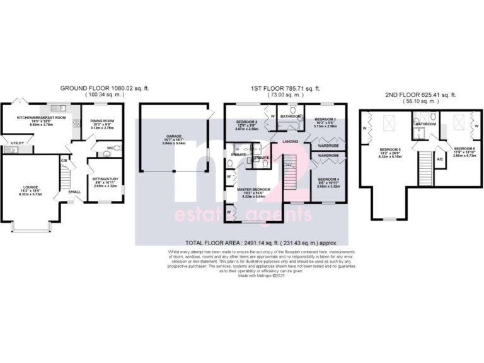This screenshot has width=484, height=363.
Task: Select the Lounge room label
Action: (31, 187)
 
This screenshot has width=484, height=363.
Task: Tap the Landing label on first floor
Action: (291, 141)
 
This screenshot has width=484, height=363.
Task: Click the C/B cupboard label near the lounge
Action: (64, 161)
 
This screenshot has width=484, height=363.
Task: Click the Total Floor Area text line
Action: (262, 243)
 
